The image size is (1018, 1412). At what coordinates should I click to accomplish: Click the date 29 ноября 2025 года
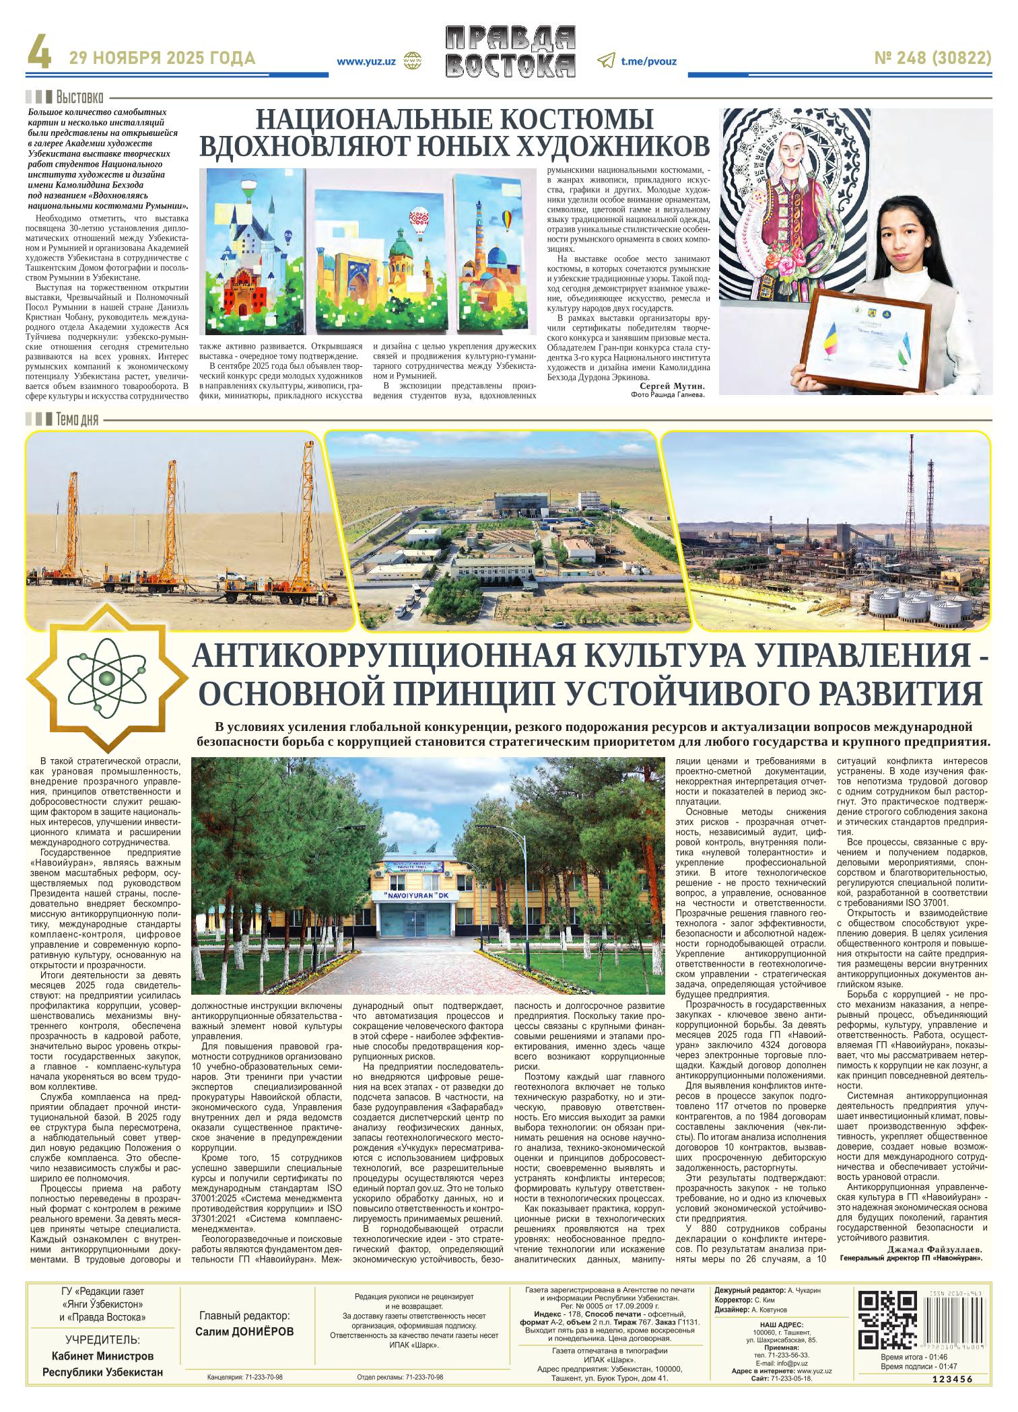pos(162,59)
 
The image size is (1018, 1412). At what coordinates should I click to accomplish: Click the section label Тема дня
pos(77,421)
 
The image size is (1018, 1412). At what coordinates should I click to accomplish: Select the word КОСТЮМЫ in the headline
pos(575,120)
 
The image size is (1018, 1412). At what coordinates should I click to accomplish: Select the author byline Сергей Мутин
pos(671,386)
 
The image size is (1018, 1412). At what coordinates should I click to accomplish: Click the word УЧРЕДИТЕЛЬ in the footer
pos(102,1340)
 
